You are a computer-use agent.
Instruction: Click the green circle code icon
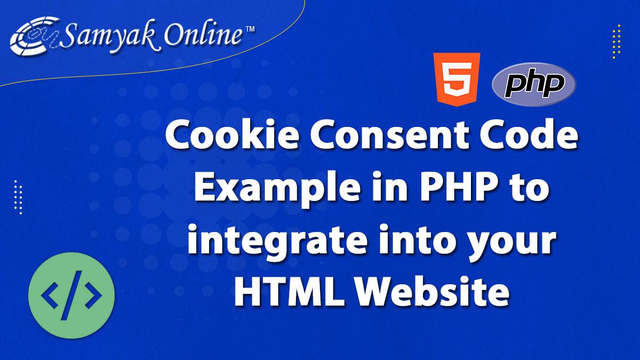(71, 297)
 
